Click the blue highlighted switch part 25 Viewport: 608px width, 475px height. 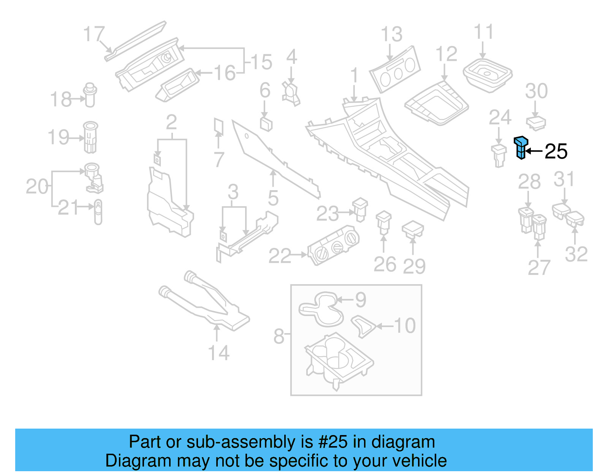(521, 148)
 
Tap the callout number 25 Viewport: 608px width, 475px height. (556, 152)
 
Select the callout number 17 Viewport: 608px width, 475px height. (94, 34)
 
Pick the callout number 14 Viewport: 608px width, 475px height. (219, 353)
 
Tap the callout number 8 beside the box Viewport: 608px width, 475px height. (279, 336)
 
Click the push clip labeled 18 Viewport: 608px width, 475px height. (90, 95)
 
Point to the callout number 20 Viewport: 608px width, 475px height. (37, 187)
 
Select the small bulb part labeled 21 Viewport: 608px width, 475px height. (98, 212)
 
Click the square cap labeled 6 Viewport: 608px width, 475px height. (266, 124)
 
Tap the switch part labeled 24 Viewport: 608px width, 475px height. (499, 155)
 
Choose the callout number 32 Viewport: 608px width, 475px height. (576, 254)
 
